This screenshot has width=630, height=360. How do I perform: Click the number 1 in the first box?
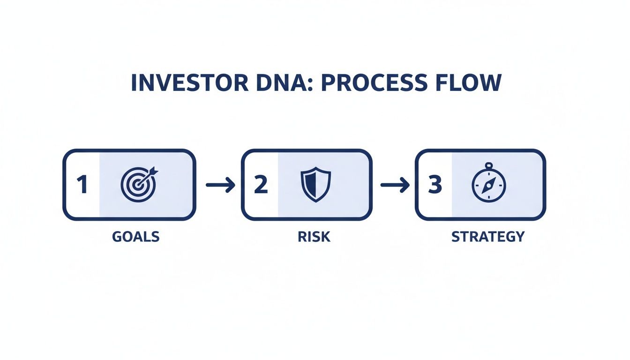coord(82,185)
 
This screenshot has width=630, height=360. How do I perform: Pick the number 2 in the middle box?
coord(260,185)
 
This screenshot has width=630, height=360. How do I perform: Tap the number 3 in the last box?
coord(435,185)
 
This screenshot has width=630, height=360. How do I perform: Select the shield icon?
coord(315,185)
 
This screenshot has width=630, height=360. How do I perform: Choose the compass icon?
coord(488,184)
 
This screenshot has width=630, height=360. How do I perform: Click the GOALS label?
coord(136,237)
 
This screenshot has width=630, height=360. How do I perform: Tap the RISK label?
coord(314,237)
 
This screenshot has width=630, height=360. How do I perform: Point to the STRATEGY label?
coord(488,237)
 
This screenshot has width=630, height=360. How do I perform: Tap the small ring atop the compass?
coord(488,165)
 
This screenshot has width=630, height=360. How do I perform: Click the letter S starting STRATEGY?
coord(456,237)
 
